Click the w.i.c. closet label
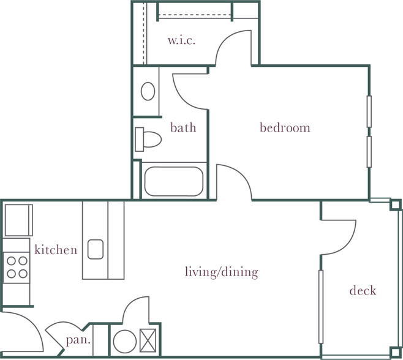click(x=181, y=40)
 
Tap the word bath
click(x=183, y=128)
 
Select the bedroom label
click(x=285, y=128)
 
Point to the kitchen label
click(x=56, y=250)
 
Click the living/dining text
click(x=222, y=272)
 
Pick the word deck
click(x=363, y=291)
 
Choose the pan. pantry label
click(x=78, y=340)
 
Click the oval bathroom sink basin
click(x=148, y=91)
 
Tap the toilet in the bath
click(x=148, y=139)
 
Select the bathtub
click(x=174, y=181)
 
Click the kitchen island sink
click(x=96, y=249)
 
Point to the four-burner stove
click(x=17, y=268)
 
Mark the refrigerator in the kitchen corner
click(x=19, y=220)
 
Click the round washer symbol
click(x=125, y=342)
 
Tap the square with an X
click(x=148, y=340)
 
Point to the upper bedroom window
click(x=369, y=111)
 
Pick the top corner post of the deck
click(x=395, y=205)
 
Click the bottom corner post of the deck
click(x=395, y=352)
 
